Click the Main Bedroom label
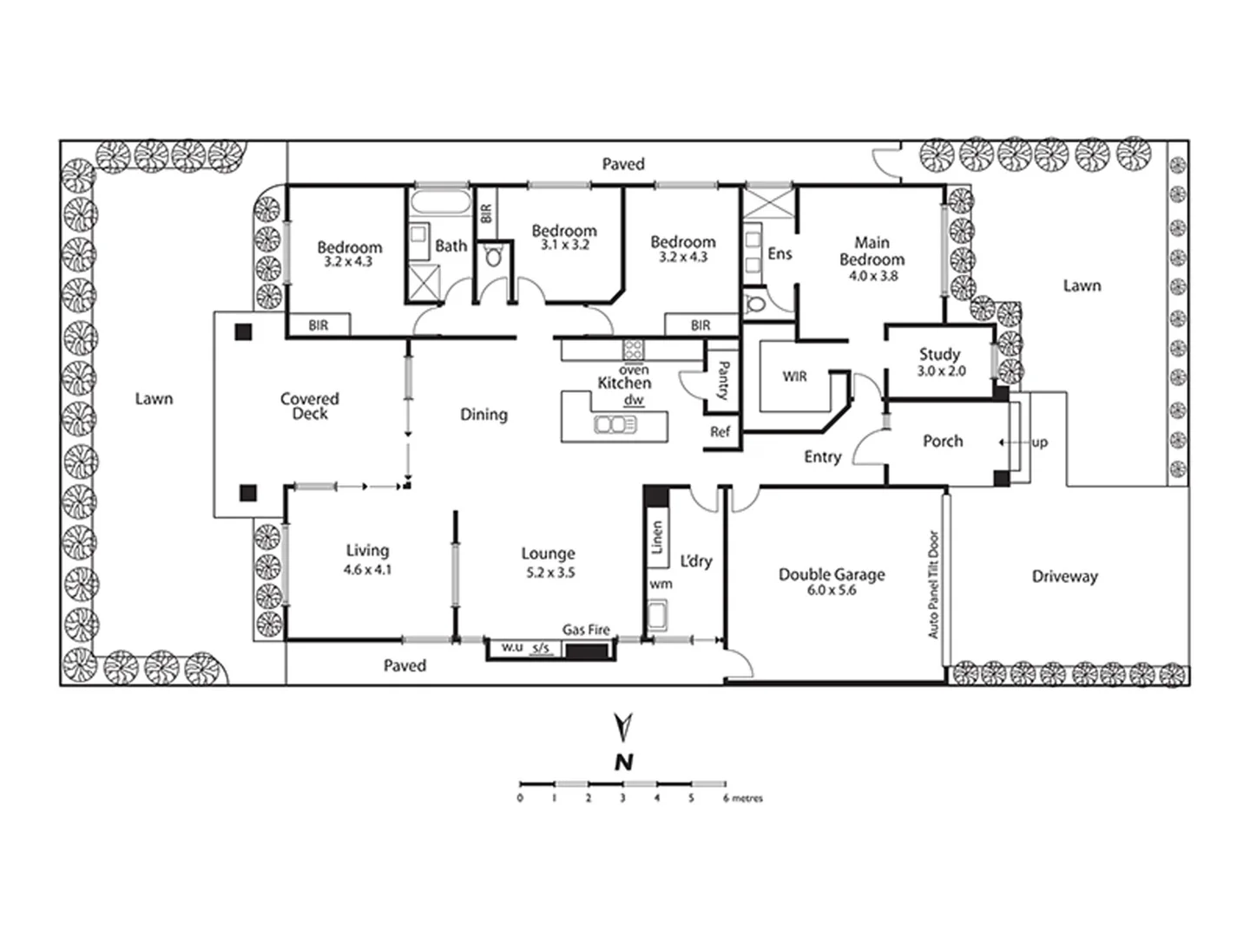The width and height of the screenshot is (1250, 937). [872, 251]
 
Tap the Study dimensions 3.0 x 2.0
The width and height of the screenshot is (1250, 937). [941, 370]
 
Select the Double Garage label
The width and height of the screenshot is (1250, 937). [832, 574]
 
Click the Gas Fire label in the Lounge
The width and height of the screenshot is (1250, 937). [586, 630]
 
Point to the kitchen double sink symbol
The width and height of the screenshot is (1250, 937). [615, 424]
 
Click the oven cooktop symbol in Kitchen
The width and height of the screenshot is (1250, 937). [633, 350]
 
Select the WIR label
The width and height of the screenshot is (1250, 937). [794, 377]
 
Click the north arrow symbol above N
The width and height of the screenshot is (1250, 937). [622, 726]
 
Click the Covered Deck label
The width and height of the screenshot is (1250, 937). [309, 406]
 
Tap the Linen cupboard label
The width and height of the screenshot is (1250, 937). [657, 537]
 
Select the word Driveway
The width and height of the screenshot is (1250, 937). [1064, 576]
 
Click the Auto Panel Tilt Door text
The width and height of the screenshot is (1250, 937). [934, 584]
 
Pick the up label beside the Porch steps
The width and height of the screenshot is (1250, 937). [1039, 442]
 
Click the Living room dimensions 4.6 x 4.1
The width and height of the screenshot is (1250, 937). [367, 570]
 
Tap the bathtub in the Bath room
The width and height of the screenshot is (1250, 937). [439, 204]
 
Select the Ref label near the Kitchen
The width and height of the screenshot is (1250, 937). [720, 431]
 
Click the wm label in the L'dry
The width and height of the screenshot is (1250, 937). [661, 584]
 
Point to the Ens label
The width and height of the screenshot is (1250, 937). [780, 253]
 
